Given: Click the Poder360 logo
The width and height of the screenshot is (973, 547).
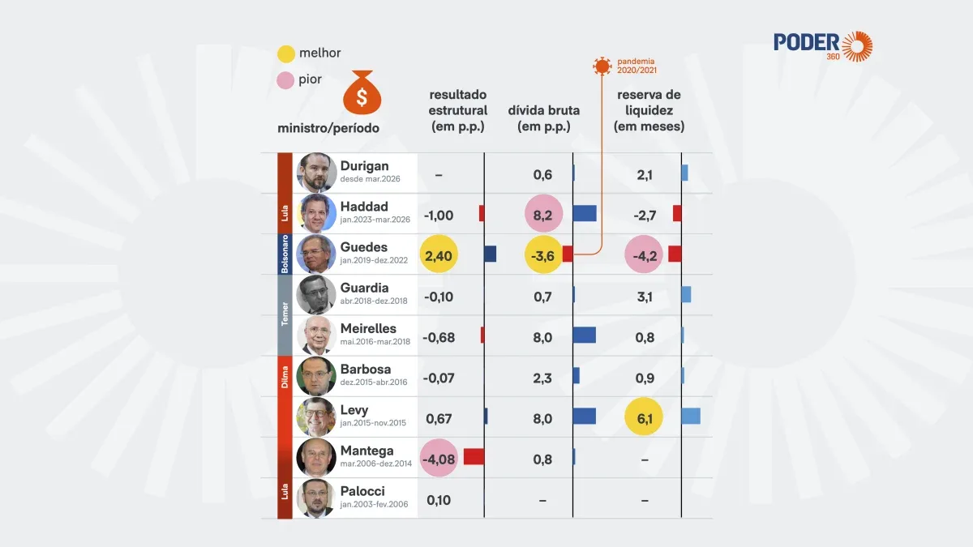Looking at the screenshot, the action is [x=823, y=46].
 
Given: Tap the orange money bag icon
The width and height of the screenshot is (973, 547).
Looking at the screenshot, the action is [x=362, y=92].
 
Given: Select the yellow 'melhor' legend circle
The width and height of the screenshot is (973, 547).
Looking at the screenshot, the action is [x=286, y=53].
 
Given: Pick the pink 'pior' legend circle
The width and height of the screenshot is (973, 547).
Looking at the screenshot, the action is [x=285, y=80].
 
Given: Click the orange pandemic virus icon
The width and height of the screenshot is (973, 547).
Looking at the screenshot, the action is [x=602, y=66].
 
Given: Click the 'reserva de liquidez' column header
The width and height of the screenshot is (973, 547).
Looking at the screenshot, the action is [x=649, y=110].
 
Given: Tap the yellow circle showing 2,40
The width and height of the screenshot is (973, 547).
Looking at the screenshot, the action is [x=439, y=254].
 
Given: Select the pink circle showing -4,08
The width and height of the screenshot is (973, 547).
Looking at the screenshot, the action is [x=439, y=458].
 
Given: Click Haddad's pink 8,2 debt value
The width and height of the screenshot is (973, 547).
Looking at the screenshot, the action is [x=543, y=214].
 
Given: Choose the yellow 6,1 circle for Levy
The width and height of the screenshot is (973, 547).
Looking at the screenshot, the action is [x=644, y=417].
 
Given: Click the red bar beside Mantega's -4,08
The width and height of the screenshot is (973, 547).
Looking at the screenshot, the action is [x=474, y=457].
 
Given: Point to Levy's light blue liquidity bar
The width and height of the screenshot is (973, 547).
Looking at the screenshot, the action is [x=691, y=416].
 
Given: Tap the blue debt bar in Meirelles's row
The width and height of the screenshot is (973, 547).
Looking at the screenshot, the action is [x=585, y=335].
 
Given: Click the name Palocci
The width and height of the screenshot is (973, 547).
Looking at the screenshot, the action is [x=362, y=491].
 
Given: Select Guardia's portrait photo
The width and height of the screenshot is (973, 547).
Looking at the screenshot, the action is [x=316, y=295].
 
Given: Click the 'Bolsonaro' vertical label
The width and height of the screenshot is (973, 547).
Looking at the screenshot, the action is [x=285, y=254].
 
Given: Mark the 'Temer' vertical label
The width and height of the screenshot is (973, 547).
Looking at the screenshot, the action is [x=285, y=314].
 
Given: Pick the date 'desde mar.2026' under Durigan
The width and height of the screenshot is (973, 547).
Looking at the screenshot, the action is [x=370, y=179].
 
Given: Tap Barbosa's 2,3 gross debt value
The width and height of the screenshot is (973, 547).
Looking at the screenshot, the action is [x=542, y=378].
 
